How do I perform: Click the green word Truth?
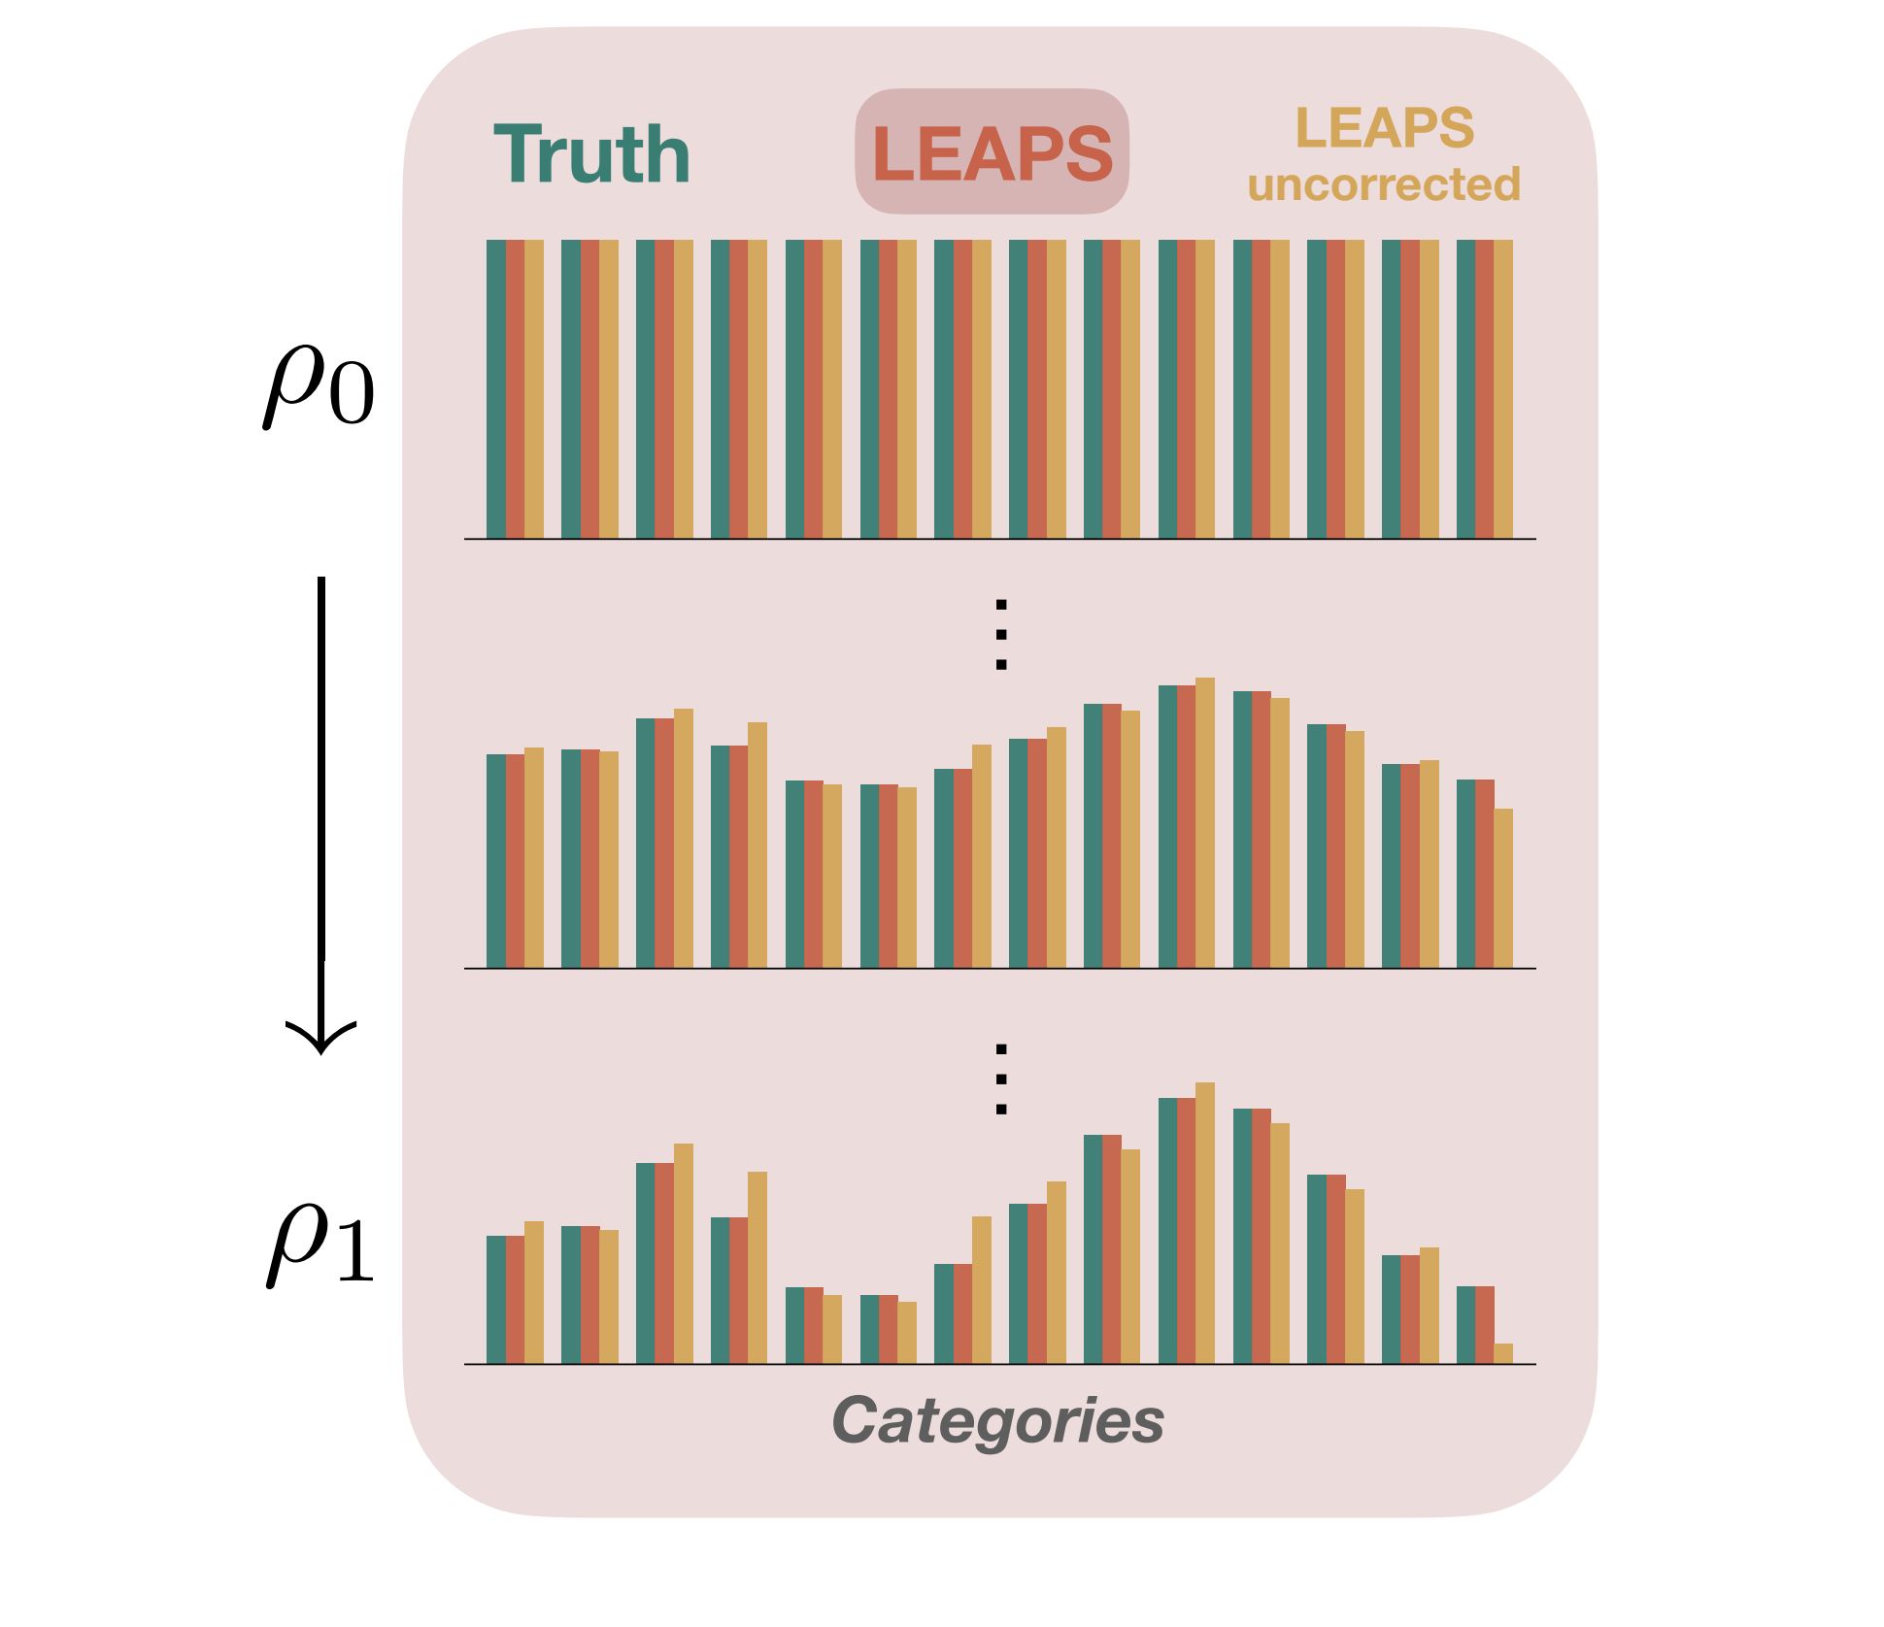point(592,153)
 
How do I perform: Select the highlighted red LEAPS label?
point(992,152)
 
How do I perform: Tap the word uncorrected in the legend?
point(1384,184)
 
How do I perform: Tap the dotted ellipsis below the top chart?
point(1001,635)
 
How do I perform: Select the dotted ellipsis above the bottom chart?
point(1001,1079)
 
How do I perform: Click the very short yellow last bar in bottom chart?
point(1503,1353)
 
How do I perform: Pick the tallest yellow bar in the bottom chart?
point(1205,1223)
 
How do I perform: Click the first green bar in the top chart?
point(496,389)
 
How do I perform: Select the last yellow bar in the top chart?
point(1503,389)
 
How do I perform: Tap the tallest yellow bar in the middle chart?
point(1205,823)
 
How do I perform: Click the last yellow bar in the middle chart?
point(1503,888)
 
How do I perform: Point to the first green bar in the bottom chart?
point(496,1300)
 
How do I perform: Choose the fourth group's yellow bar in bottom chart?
point(757,1268)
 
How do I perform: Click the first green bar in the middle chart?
point(496,861)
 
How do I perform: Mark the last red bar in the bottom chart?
point(1485,1325)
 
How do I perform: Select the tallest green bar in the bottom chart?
point(1168,1231)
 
